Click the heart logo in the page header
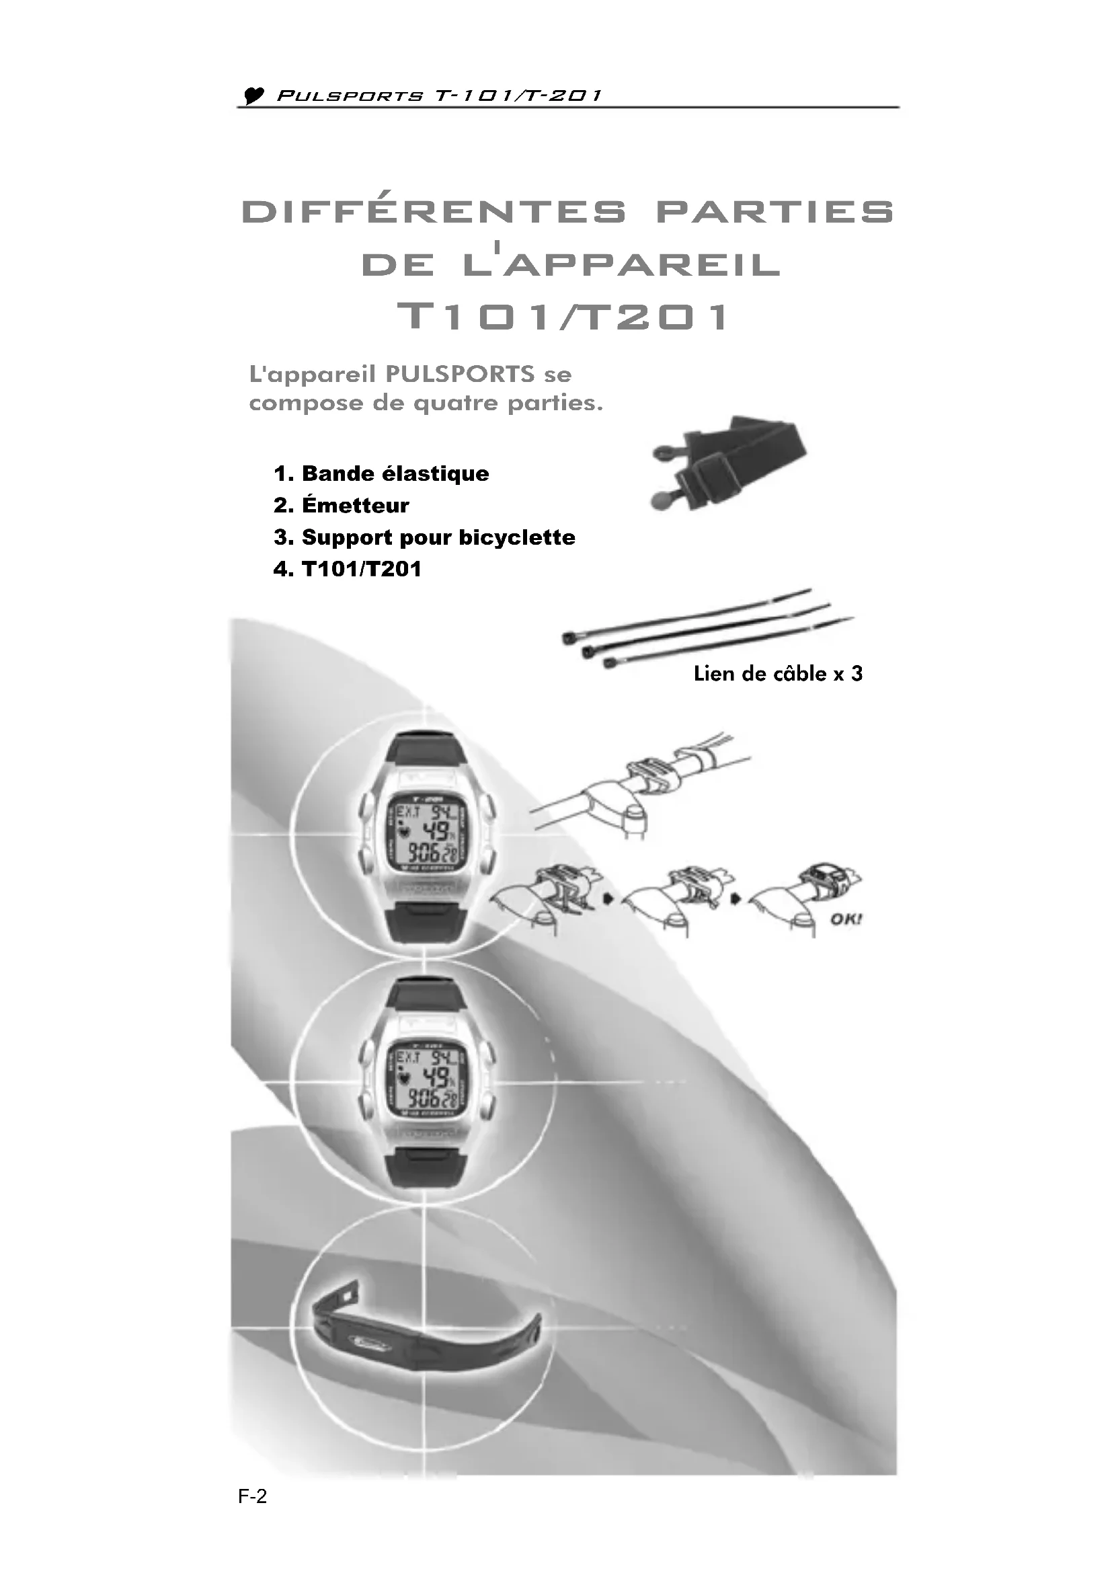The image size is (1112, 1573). (x=254, y=96)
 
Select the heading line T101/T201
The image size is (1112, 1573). (x=563, y=317)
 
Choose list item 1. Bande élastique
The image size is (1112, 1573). (x=381, y=473)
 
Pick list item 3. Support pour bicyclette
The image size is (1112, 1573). (x=424, y=537)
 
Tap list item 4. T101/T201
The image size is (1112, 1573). (x=347, y=569)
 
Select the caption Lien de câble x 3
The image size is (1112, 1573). (x=778, y=673)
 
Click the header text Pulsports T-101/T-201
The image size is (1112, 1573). (x=438, y=96)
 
